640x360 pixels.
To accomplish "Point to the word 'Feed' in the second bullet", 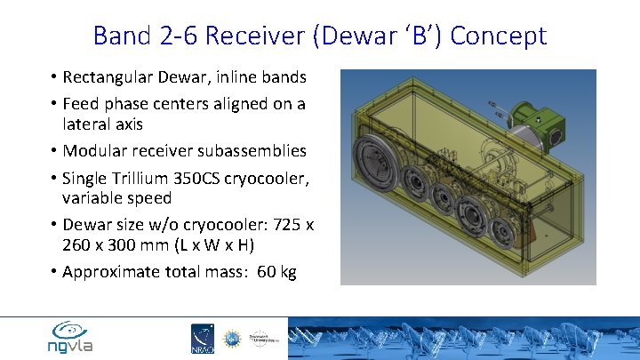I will point(81,104).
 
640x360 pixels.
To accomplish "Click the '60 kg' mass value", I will point(276,272).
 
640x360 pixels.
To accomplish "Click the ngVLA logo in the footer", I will point(70,338).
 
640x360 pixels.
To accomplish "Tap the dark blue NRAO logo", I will point(203,339).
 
